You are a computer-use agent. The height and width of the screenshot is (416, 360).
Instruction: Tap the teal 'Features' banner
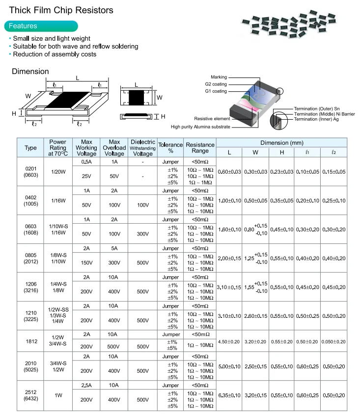[41, 26]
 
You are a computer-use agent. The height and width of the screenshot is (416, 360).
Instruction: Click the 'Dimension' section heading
[30, 72]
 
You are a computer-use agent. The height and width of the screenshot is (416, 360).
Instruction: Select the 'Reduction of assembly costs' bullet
[55, 54]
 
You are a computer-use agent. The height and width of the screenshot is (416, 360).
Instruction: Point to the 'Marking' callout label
[219, 78]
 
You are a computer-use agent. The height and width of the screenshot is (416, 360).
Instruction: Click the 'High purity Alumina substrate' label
[200, 127]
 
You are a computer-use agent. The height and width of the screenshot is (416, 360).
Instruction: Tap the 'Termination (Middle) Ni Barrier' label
[324, 114]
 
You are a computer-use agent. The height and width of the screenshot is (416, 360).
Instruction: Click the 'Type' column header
[30, 148]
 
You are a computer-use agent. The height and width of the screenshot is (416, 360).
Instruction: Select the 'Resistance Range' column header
[200, 148]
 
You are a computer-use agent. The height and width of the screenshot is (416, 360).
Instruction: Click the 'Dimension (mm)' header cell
[281, 143]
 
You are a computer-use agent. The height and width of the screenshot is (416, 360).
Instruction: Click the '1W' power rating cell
[57, 395]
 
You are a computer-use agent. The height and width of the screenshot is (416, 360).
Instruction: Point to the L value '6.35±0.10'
[229, 395]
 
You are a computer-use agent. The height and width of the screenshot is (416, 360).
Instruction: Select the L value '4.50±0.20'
[229, 341]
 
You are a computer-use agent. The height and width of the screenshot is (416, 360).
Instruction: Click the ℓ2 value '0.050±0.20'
[334, 341]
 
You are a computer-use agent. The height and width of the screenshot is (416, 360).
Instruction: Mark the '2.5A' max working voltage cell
[86, 385]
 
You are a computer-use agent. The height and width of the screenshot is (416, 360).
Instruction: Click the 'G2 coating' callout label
[216, 84]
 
